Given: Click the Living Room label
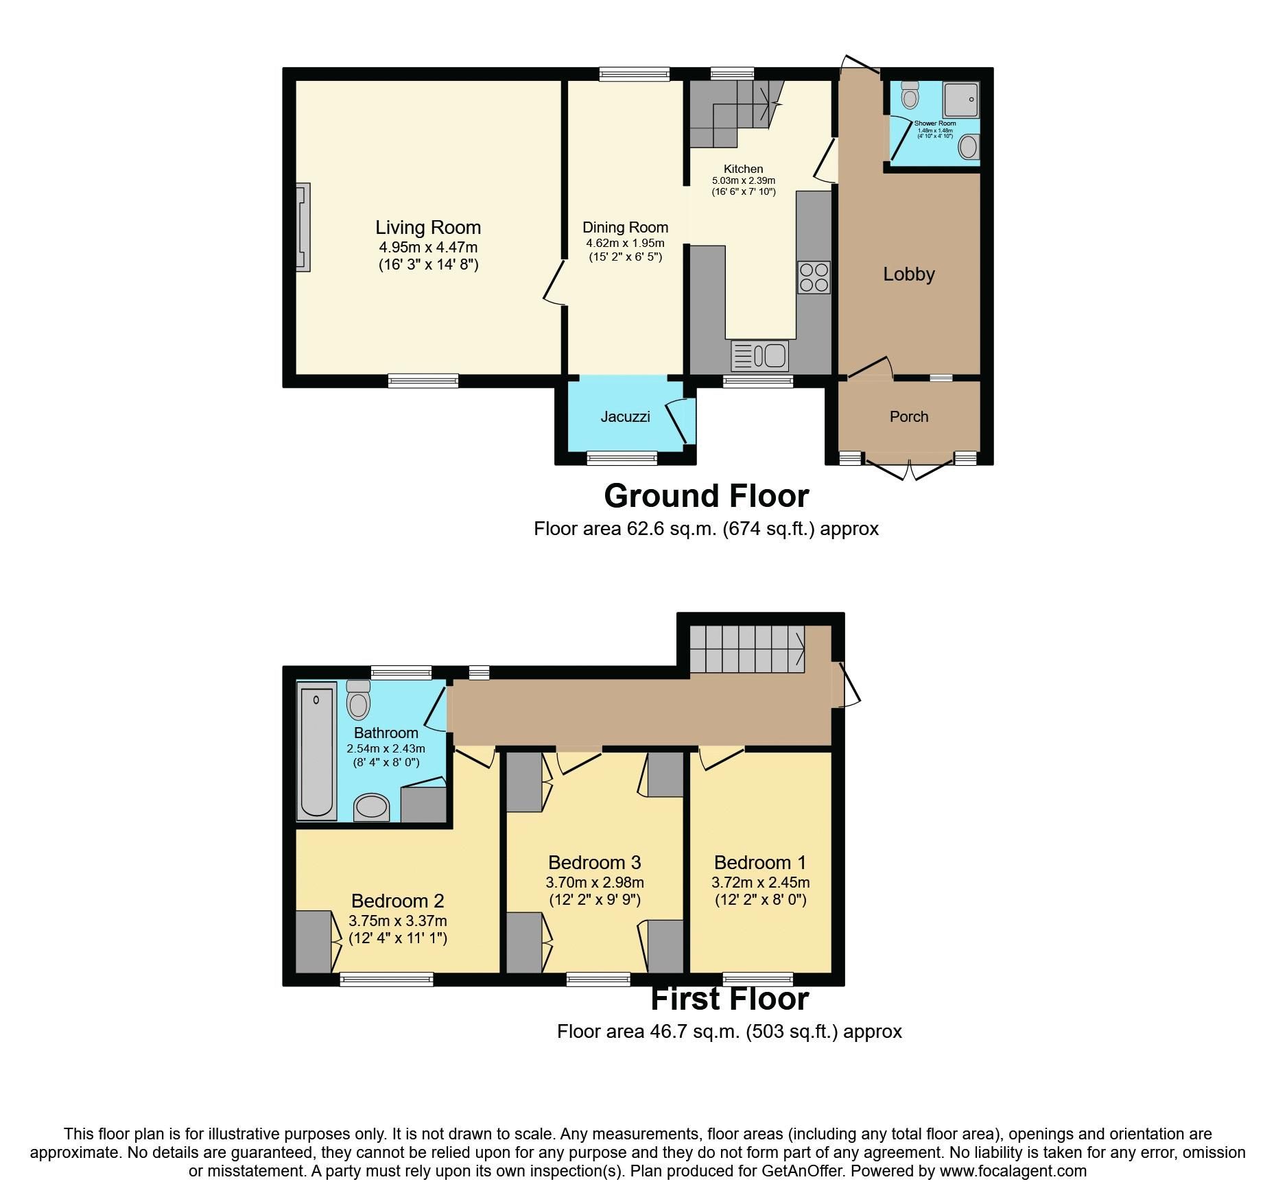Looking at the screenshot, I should (427, 228).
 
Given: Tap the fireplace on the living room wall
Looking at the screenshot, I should (303, 227).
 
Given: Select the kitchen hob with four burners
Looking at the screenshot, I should (814, 278).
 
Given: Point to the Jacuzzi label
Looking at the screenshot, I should (625, 416).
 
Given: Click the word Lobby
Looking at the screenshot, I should (908, 274).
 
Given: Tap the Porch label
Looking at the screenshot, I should (908, 416).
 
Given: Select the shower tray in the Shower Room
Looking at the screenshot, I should (961, 99).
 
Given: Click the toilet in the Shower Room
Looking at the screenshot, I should (910, 95).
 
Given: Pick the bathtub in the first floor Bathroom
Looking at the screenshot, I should (316, 750).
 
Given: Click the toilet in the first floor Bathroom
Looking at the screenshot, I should (357, 699).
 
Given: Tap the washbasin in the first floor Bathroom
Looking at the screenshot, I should (371, 807).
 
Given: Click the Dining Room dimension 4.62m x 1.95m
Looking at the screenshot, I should (624, 244).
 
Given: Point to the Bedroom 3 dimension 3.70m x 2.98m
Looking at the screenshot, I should (594, 883).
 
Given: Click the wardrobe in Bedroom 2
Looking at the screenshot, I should (313, 941).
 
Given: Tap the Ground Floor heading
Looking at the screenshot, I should (706, 496).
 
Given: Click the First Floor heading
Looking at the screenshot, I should (729, 999).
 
